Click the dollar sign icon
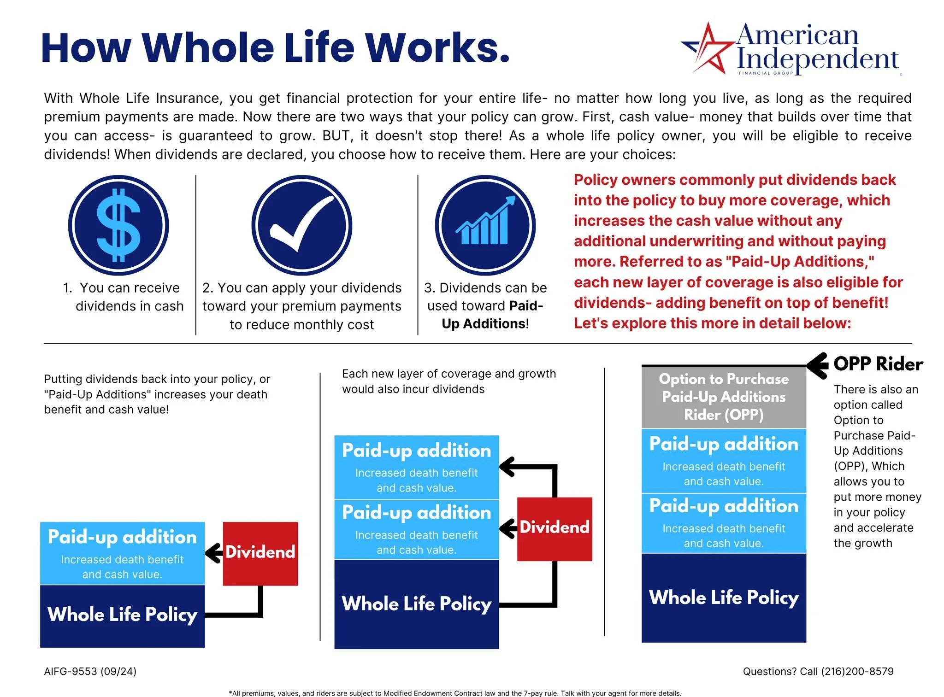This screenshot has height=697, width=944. (118, 225)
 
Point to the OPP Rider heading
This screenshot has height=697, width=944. (878, 364)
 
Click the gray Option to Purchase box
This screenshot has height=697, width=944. (724, 397)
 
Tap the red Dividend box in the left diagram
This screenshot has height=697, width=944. (260, 553)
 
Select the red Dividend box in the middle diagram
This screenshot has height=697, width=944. (555, 528)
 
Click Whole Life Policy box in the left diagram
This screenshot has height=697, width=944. (122, 615)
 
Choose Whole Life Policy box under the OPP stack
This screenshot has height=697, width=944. (724, 597)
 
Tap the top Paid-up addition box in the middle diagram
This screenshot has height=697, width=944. (416, 467)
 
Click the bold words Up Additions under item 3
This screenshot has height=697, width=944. (484, 324)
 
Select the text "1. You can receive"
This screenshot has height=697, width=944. (122, 288)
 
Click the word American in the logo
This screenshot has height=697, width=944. (797, 35)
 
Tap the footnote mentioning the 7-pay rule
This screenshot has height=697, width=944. (455, 693)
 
